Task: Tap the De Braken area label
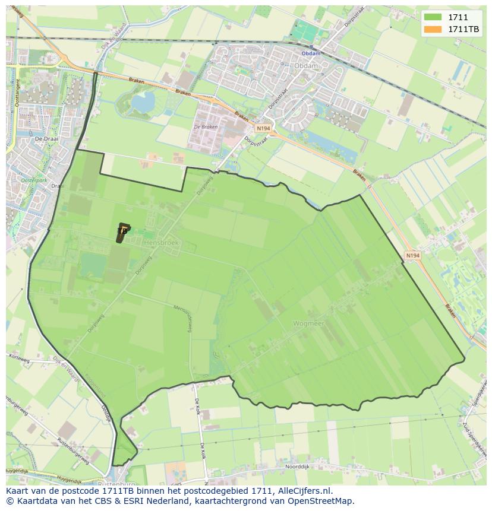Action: [206, 127]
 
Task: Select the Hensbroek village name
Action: [160, 242]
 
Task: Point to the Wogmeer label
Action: [308, 323]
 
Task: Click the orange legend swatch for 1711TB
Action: [433, 29]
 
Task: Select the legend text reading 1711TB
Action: [463, 29]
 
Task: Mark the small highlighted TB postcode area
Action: [122, 233]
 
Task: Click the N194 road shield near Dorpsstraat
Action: [263, 128]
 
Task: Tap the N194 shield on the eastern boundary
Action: [412, 255]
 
